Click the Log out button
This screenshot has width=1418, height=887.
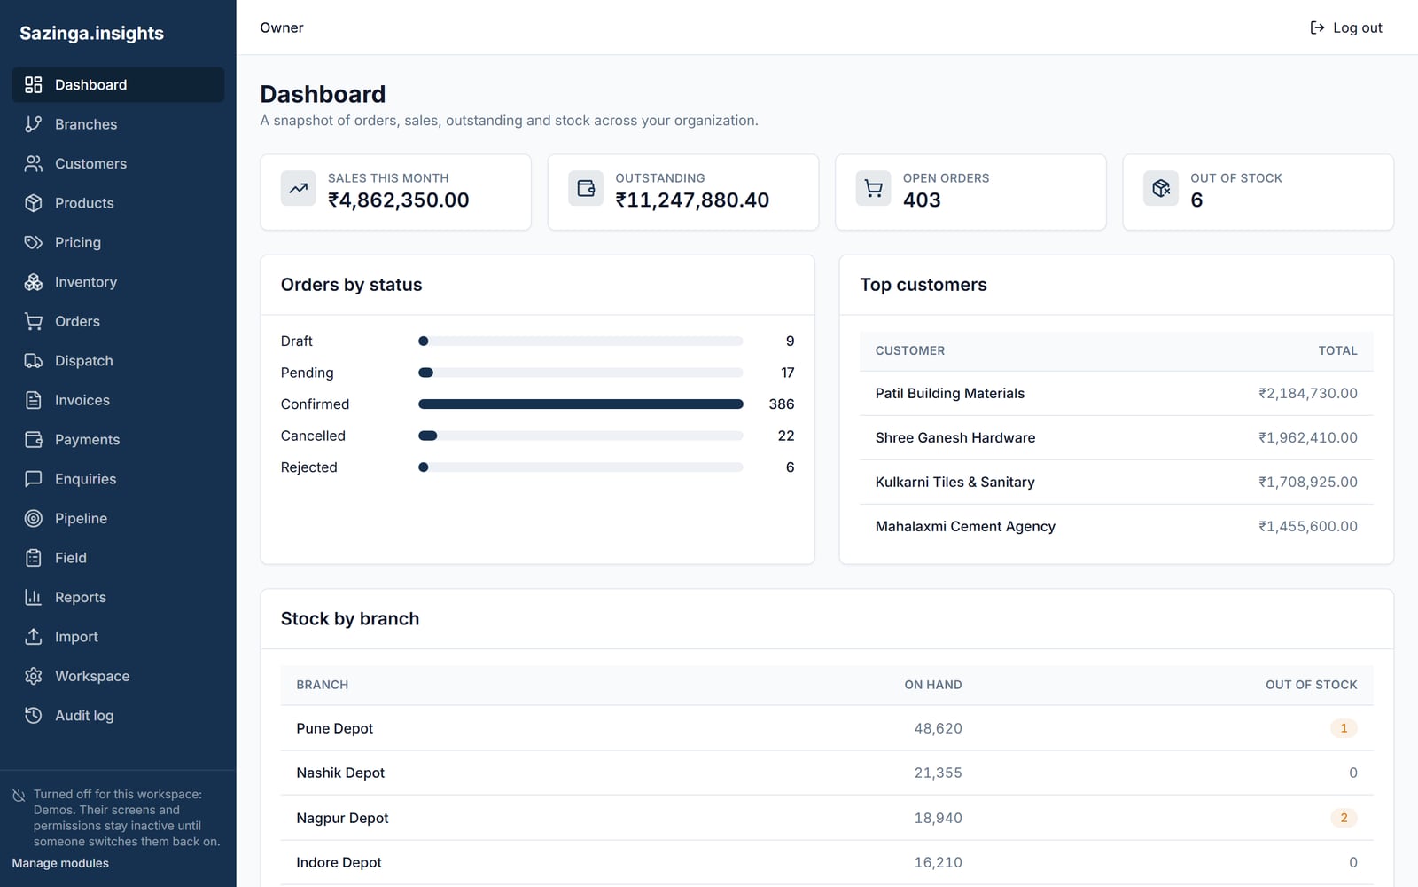pos(1346,27)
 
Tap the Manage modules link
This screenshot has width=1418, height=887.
pos(60,863)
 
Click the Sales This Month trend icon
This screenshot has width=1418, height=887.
pos(298,188)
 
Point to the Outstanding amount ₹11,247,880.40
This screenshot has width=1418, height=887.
pos(692,200)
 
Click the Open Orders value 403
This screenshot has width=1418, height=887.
pos(922,200)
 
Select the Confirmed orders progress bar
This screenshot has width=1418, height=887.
pos(580,404)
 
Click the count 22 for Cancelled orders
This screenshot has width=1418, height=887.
pos(785,436)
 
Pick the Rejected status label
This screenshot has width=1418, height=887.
pos(309,467)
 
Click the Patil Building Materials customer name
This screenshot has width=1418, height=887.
pos(949,394)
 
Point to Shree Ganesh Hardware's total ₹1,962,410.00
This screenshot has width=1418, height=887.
pos(1308,438)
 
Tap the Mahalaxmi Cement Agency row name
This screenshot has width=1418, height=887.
pos(965,527)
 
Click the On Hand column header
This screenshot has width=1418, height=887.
pos(933,685)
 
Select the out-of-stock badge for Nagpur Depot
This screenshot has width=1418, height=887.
pos(1344,818)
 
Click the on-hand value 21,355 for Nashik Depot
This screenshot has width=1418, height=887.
pos(939,773)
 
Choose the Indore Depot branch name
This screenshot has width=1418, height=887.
pos(339,862)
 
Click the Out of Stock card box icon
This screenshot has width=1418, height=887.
pos(1161,188)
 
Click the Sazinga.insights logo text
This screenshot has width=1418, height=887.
pos(92,33)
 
